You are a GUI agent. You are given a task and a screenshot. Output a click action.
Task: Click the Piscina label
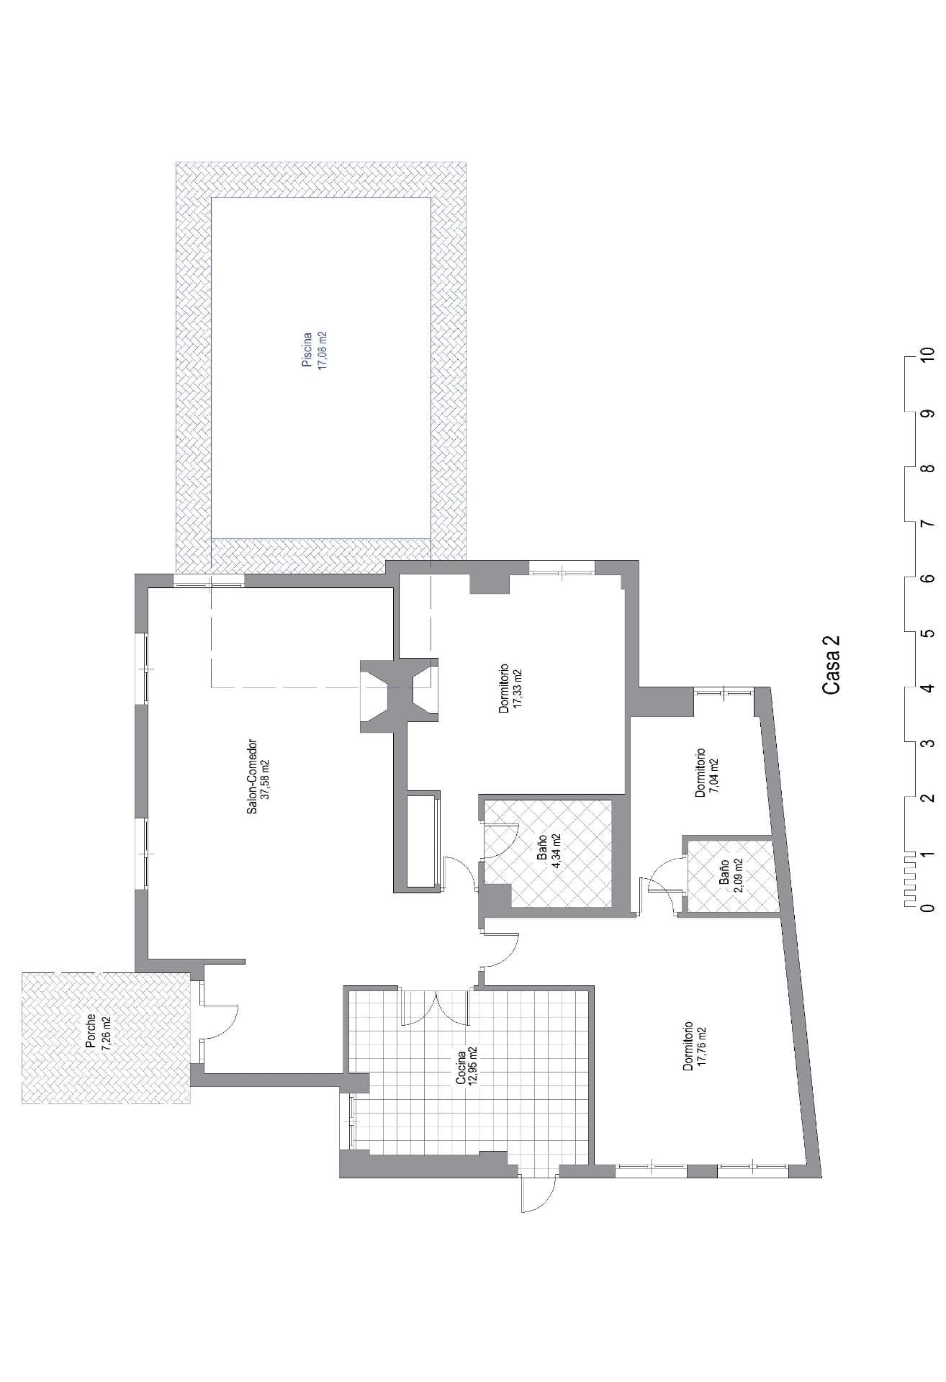pyautogui.click(x=307, y=351)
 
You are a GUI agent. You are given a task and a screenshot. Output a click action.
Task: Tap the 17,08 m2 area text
pyautogui.click(x=323, y=351)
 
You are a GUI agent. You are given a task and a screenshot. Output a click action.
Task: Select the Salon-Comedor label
pyautogui.click(x=252, y=777)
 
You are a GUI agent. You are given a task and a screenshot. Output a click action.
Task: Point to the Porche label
pyautogui.click(x=91, y=1034)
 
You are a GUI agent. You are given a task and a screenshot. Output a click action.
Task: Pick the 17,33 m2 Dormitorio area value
pyautogui.click(x=518, y=689)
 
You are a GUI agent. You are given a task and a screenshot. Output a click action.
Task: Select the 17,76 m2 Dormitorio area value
pyautogui.click(x=702, y=1046)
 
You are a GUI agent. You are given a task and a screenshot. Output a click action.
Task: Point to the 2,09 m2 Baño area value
pyautogui.click(x=739, y=875)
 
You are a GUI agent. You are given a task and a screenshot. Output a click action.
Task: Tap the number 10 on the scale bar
pyautogui.click(x=929, y=357)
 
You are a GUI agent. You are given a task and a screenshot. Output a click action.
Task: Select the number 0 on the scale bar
pyautogui.click(x=929, y=908)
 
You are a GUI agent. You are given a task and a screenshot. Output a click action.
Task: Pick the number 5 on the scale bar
pyautogui.click(x=929, y=633)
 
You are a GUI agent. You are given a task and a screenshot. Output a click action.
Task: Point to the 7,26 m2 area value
pyautogui.click(x=106, y=1034)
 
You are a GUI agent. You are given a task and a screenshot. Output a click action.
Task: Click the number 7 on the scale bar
pyautogui.click(x=929, y=523)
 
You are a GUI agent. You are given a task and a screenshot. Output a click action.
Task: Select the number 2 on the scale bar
pyautogui.click(x=929, y=798)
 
